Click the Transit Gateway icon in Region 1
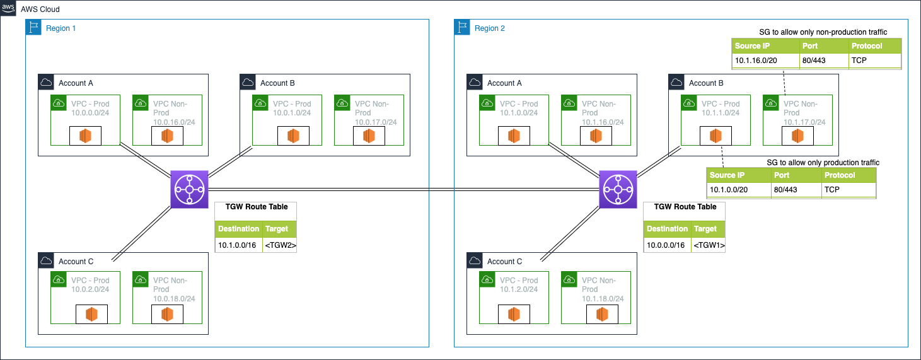coord(189,189)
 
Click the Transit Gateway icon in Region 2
coord(618,189)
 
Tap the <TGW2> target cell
coord(279,245)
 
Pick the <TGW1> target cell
coord(707,245)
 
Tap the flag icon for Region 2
coord(462,27)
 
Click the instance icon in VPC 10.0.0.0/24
coord(85,136)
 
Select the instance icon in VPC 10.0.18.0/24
coord(167,314)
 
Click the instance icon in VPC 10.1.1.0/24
coord(715,136)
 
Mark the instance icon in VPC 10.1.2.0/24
coord(514,314)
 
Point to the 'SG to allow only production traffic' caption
coord(823,163)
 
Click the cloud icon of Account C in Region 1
coord(46,261)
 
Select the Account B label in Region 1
coord(277,83)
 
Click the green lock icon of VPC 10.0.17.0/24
coord(342,103)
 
